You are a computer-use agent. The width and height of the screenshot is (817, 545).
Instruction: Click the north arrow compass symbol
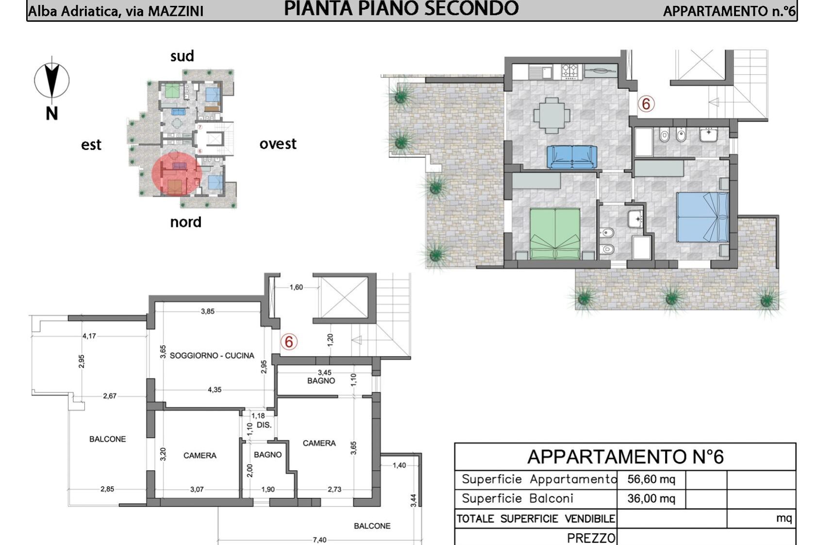[52, 80]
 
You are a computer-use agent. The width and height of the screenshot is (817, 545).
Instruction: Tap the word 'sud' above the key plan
[182, 56]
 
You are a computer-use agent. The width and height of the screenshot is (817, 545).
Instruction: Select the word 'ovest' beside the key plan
[278, 144]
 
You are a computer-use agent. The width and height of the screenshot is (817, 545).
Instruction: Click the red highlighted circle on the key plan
[177, 174]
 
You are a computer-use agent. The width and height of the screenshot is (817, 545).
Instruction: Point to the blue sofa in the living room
[572, 156]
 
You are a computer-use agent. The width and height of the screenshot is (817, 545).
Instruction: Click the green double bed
[555, 234]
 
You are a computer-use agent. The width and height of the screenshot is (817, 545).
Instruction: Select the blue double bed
[702, 217]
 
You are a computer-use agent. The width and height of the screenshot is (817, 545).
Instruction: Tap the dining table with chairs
[552, 115]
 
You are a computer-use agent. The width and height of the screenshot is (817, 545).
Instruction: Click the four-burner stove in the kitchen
[569, 71]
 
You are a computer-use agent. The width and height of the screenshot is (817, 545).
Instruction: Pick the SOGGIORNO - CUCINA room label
[212, 356]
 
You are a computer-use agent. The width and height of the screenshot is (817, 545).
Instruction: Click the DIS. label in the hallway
[264, 425]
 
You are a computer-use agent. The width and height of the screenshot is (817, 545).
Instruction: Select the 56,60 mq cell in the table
[651, 479]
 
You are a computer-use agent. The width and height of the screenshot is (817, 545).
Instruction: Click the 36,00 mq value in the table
[651, 499]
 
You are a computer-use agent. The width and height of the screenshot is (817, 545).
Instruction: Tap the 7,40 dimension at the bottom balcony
[319, 540]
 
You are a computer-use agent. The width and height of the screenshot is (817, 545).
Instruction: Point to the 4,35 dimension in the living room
[215, 390]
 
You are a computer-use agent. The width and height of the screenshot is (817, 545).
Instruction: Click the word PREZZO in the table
[591, 538]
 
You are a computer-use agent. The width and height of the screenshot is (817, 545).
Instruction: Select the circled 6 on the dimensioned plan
[289, 342]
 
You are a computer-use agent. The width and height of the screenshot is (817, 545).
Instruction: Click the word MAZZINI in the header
[175, 11]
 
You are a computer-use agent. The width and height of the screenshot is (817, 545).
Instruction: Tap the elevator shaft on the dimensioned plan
[344, 297]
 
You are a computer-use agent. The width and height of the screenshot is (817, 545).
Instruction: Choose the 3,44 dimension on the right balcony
[413, 500]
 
